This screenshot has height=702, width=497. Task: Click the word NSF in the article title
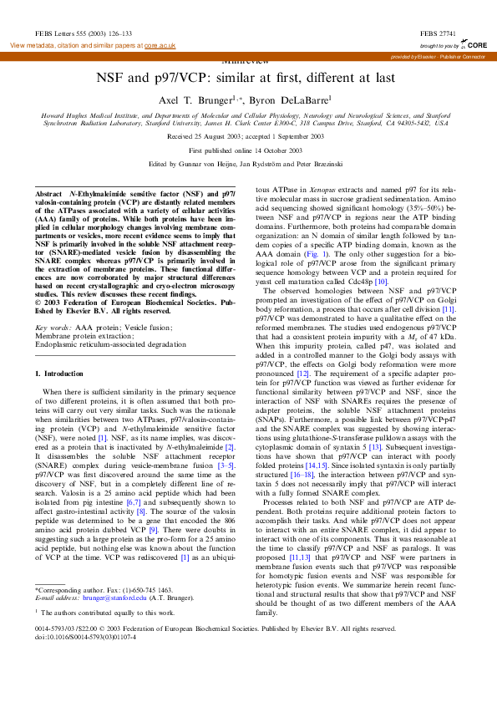pos(113,76)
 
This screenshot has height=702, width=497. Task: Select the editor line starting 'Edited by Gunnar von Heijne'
pos(248,165)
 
